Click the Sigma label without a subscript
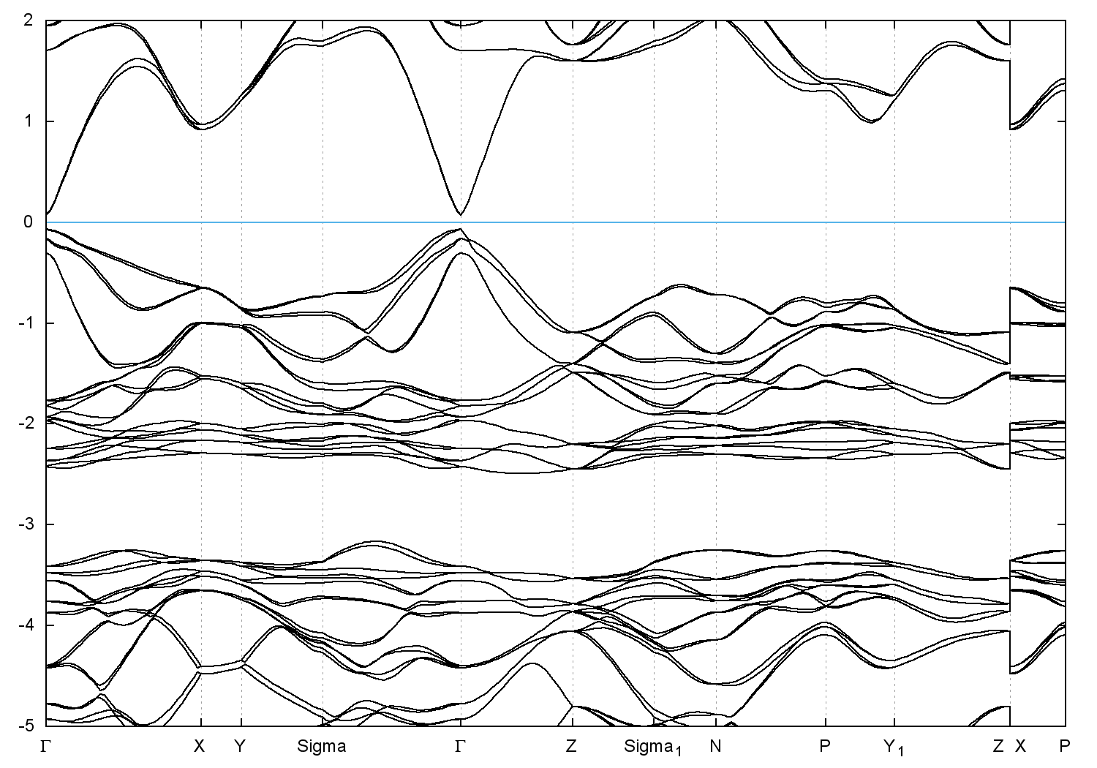pyautogui.click(x=322, y=747)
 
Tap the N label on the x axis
pyautogui.click(x=716, y=747)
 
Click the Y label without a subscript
pyautogui.click(x=241, y=747)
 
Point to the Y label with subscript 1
pyautogui.click(x=894, y=748)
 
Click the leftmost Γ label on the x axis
pyautogui.click(x=46, y=747)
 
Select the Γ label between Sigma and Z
pyautogui.click(x=460, y=747)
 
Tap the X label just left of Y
pyautogui.click(x=199, y=747)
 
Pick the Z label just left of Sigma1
pyautogui.click(x=572, y=747)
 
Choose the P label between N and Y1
pyautogui.click(x=826, y=747)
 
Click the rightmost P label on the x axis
pyautogui.click(x=1065, y=747)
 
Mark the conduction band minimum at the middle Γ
pyautogui.click(x=460, y=214)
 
